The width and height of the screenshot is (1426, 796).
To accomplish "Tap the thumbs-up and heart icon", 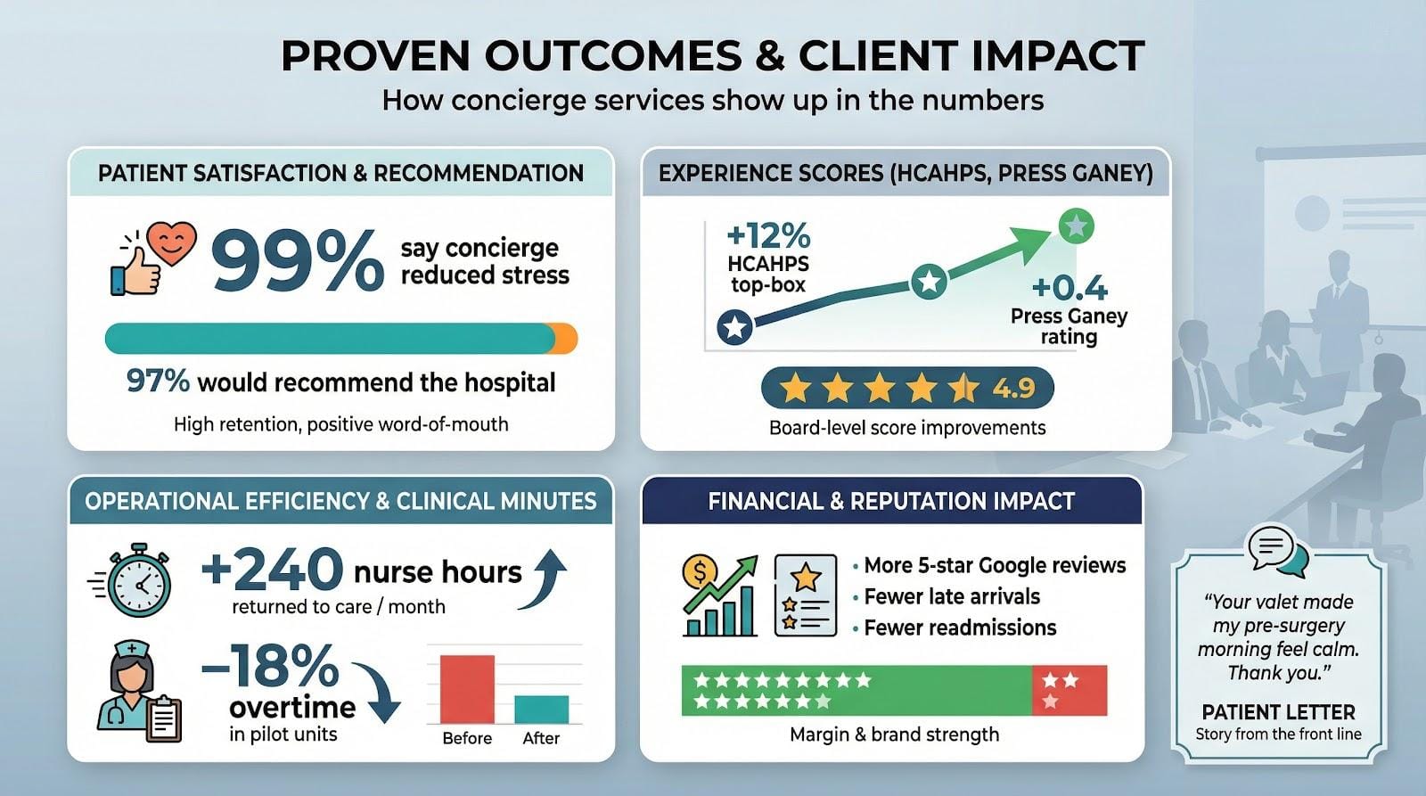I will pyautogui.click(x=152, y=258).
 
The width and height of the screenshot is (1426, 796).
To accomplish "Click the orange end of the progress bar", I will pyautogui.click(x=567, y=339).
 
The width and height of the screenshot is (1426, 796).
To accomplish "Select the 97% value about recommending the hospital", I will pyautogui.click(x=158, y=381).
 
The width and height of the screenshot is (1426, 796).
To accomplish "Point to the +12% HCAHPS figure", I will pyautogui.click(x=768, y=236).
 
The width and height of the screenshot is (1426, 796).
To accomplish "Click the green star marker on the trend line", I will pyautogui.click(x=1076, y=226).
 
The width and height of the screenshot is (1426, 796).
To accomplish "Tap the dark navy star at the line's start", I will pyautogui.click(x=735, y=327).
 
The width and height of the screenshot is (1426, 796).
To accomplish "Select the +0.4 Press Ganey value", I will pyautogui.click(x=1069, y=288).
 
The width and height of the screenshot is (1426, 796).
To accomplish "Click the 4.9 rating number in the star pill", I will pyautogui.click(x=1013, y=388).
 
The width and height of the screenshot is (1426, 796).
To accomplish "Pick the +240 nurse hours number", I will pyautogui.click(x=273, y=570).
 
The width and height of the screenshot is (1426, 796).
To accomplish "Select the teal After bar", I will pyautogui.click(x=541, y=709).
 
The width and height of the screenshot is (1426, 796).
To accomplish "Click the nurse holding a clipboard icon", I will pyautogui.click(x=138, y=693).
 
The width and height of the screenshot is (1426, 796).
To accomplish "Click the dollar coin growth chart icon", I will pyautogui.click(x=718, y=595).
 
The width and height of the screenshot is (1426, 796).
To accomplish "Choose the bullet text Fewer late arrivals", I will pyautogui.click(x=952, y=596).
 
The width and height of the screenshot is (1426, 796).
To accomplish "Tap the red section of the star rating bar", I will pyautogui.click(x=1069, y=690).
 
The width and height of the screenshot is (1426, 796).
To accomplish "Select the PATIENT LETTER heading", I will pyautogui.click(x=1278, y=712).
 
